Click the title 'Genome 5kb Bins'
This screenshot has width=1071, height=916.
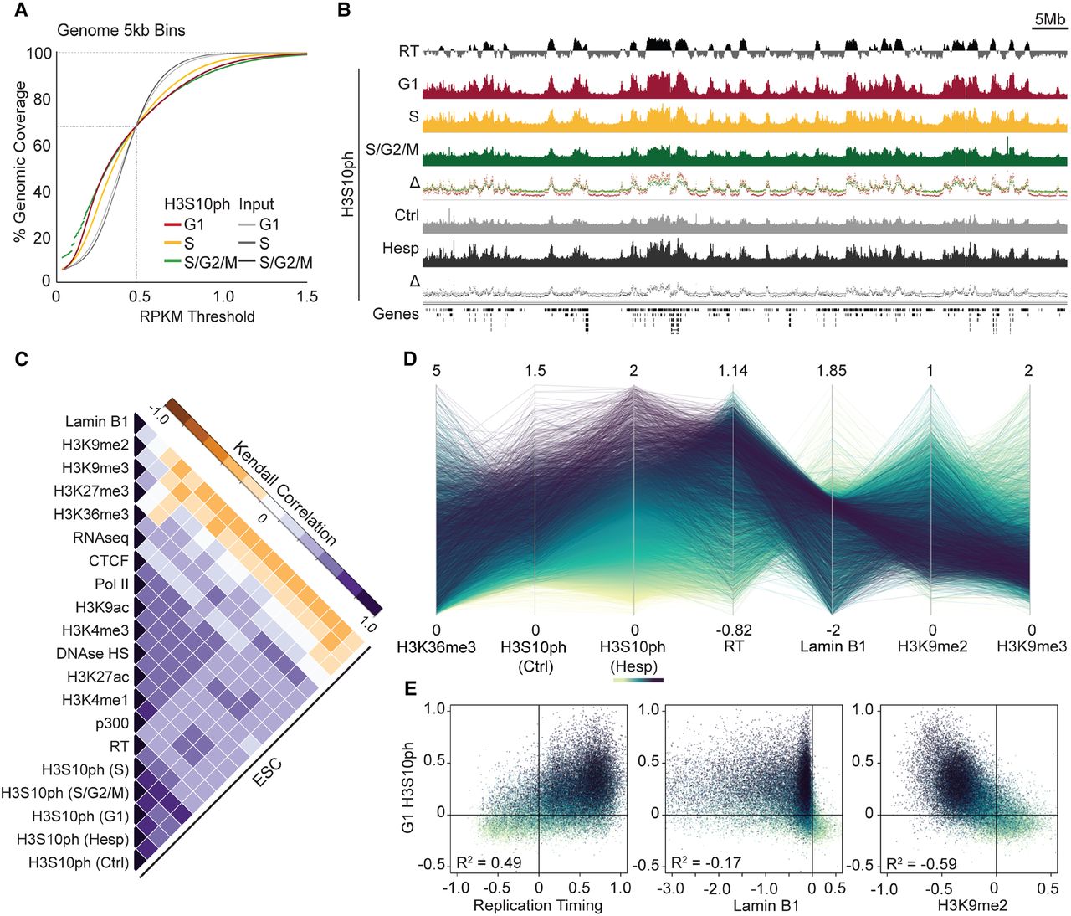(121, 30)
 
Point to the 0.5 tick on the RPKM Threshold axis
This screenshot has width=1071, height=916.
(139, 296)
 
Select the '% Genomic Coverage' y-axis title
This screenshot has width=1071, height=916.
(19, 162)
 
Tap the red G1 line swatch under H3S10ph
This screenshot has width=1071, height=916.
(172, 224)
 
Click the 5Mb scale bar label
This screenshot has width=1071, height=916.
(1049, 19)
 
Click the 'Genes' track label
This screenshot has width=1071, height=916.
(396, 314)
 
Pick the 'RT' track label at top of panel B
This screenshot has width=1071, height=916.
(408, 52)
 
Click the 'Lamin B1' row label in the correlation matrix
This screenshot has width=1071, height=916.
(97, 422)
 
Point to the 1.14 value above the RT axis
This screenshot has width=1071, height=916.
(732, 370)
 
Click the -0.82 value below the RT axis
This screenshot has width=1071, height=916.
(732, 630)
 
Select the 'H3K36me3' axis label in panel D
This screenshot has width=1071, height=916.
(436, 646)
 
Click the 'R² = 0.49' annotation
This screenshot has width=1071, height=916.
(489, 862)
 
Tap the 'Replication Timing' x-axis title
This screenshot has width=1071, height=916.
(537, 905)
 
